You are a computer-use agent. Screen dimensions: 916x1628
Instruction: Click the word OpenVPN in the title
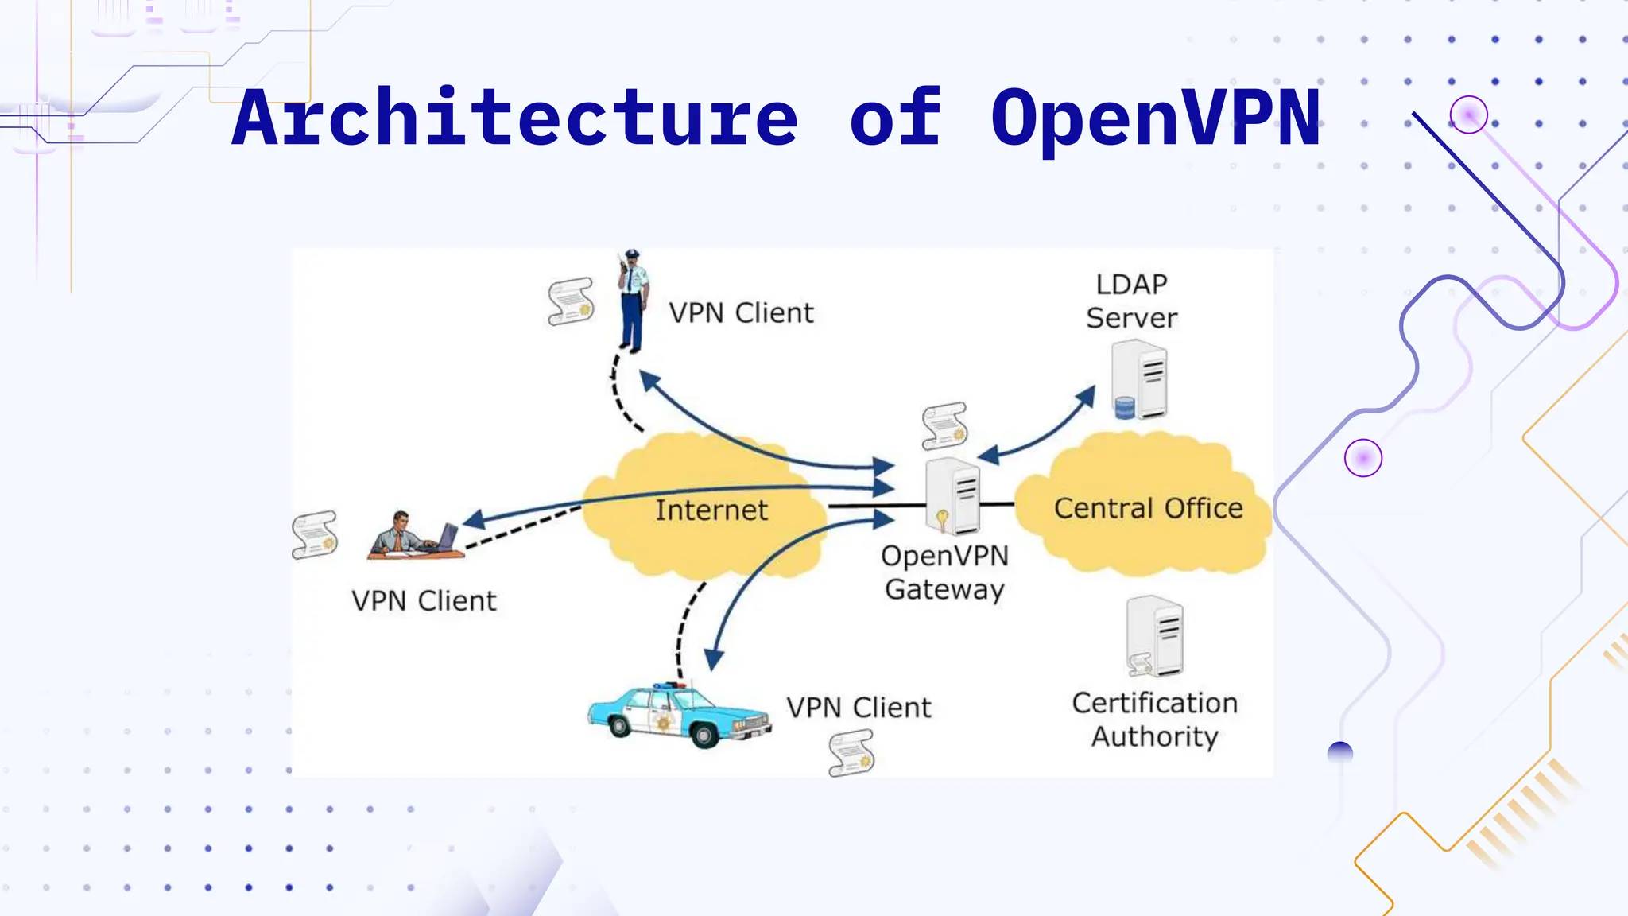1156,119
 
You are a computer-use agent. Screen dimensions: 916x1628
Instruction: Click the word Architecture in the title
515,119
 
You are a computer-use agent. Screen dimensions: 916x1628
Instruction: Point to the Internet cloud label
711,510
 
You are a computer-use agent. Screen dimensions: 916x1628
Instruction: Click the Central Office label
1148,508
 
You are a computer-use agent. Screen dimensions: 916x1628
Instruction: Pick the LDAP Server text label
1131,301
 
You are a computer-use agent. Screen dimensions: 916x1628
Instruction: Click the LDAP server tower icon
1140,380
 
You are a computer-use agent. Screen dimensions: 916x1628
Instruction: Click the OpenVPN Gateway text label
944,572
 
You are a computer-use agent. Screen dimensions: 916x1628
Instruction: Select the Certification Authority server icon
1156,636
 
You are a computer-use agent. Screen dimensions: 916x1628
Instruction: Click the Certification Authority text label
1154,720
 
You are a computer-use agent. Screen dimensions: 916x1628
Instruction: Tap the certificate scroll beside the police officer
571,301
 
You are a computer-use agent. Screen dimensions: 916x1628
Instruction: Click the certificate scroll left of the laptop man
315,534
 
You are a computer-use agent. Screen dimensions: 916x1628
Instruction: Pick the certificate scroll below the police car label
851,753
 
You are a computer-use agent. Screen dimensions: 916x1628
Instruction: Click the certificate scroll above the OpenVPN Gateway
944,425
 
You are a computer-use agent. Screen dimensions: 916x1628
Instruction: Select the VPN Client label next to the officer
741,313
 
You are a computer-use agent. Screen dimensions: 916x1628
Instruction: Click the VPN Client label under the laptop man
424,601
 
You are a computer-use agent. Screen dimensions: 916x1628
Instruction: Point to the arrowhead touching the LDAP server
1086,397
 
